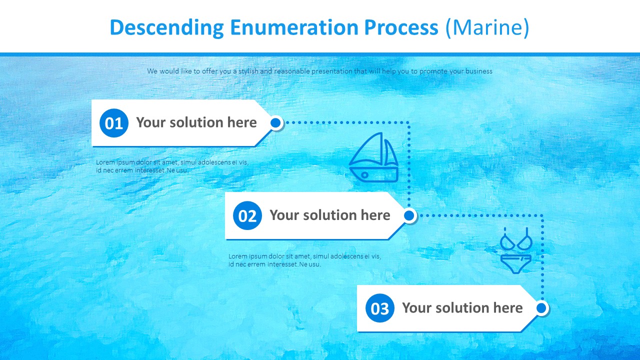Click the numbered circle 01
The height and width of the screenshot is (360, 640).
(114, 123)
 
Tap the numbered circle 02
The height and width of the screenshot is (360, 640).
(247, 215)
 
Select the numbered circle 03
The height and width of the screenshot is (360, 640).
(380, 308)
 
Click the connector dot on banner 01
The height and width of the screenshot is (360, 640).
(275, 122)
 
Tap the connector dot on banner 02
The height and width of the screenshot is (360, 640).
(409, 215)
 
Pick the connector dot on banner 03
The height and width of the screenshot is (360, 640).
(541, 308)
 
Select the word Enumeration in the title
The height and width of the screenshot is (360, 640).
(293, 28)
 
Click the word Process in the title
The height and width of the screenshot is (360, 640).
(401, 28)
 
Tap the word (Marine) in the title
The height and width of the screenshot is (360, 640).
(486, 28)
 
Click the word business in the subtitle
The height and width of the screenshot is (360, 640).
(478, 71)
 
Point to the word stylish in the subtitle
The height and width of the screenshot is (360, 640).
(248, 71)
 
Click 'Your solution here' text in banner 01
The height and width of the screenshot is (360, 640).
(196, 122)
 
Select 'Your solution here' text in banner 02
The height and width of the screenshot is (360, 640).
(330, 215)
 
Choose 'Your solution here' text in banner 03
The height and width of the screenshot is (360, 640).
(462, 307)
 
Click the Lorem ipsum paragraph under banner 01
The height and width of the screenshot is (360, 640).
(172, 166)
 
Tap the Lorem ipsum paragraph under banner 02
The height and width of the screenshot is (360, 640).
(304, 260)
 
